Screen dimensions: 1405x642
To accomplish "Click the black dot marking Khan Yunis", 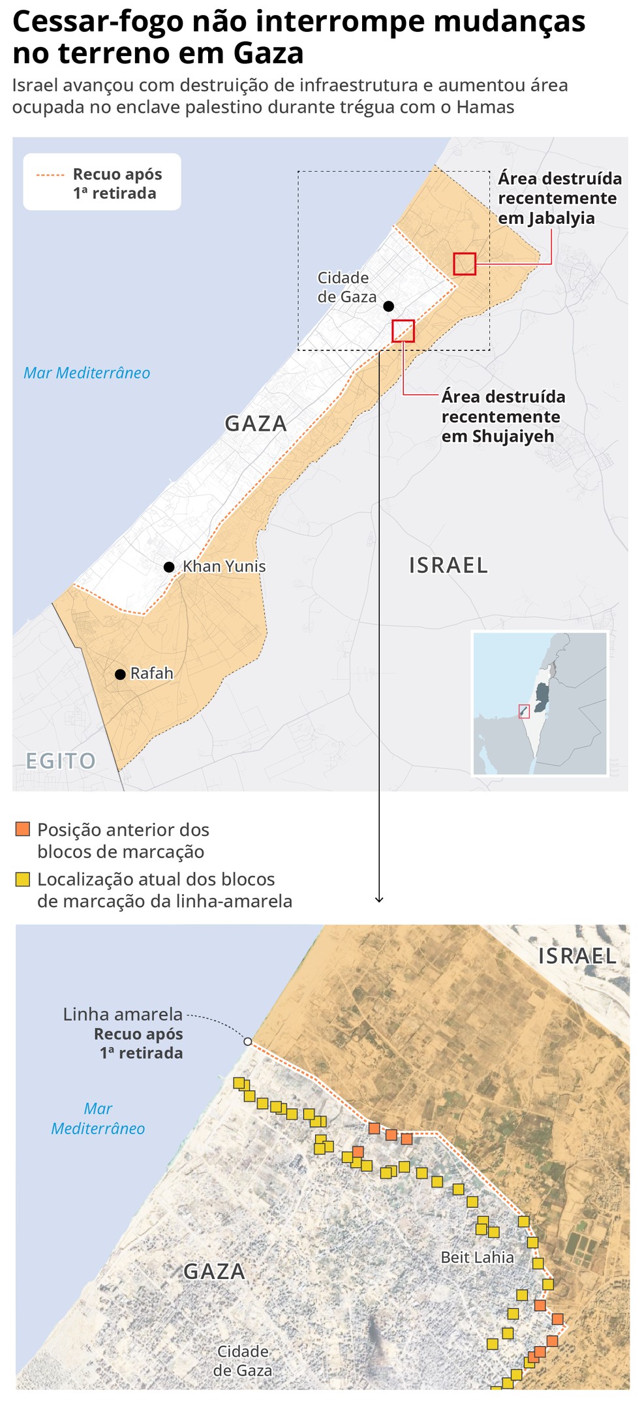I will [x=169, y=567].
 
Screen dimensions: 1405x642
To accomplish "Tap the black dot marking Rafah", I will [x=120, y=674].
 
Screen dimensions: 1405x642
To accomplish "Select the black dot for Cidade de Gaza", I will [x=388, y=306].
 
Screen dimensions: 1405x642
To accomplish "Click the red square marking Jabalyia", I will [x=465, y=264].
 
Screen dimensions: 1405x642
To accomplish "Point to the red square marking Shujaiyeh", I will [x=403, y=331].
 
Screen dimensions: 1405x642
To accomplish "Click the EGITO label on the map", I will [x=61, y=761].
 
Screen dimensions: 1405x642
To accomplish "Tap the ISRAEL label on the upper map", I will [x=448, y=565].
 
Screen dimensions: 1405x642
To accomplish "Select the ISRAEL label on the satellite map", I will [x=577, y=956].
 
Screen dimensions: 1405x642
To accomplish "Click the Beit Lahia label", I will [x=477, y=1257].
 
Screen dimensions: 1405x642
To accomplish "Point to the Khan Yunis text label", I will [x=224, y=566].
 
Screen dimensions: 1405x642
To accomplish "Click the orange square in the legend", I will [x=23, y=829].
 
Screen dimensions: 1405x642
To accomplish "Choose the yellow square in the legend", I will [x=23, y=879].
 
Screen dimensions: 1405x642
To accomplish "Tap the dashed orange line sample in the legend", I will [x=50, y=175].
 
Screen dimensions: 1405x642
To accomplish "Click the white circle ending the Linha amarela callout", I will [x=248, y=1041].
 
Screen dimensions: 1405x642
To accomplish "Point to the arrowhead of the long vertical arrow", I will [x=379, y=900].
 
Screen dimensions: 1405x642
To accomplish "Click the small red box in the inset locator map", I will [x=523, y=711].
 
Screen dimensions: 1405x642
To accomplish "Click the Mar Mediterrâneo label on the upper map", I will [x=87, y=373].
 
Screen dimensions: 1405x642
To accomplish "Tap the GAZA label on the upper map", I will [x=256, y=424].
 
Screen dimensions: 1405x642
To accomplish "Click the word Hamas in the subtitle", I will [x=485, y=107].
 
